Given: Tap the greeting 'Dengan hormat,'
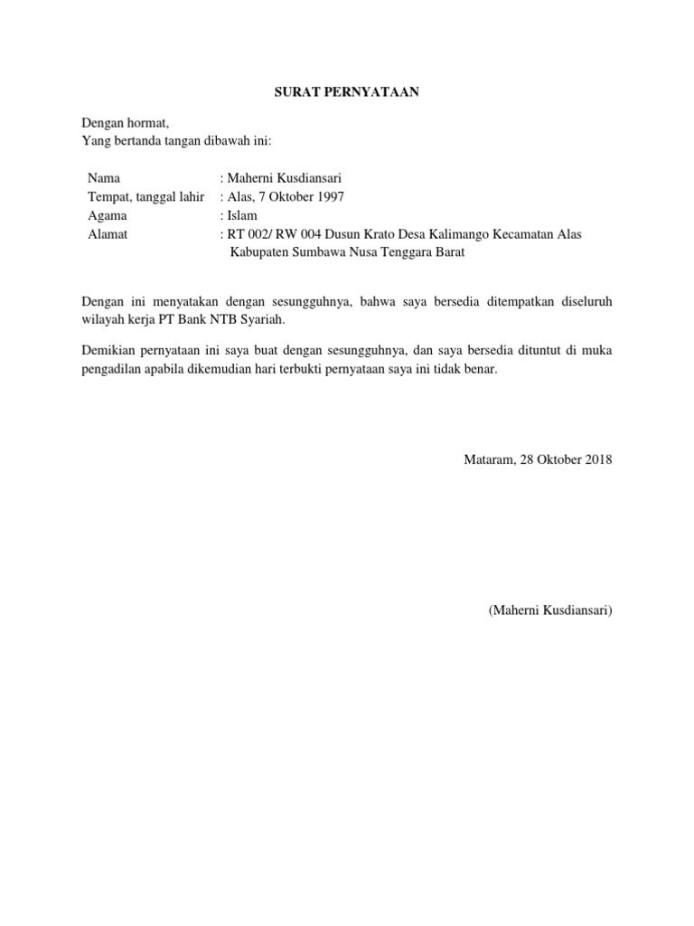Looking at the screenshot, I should tap(125, 123).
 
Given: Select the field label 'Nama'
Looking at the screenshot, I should tap(104, 178).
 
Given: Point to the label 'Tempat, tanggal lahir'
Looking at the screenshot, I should tap(146, 197).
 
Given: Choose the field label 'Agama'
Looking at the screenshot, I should tap(108, 215).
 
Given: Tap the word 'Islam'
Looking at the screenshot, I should tap(242, 215).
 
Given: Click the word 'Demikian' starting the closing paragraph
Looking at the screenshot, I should tap(108, 349).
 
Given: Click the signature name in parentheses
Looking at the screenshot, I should tap(550, 611).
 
